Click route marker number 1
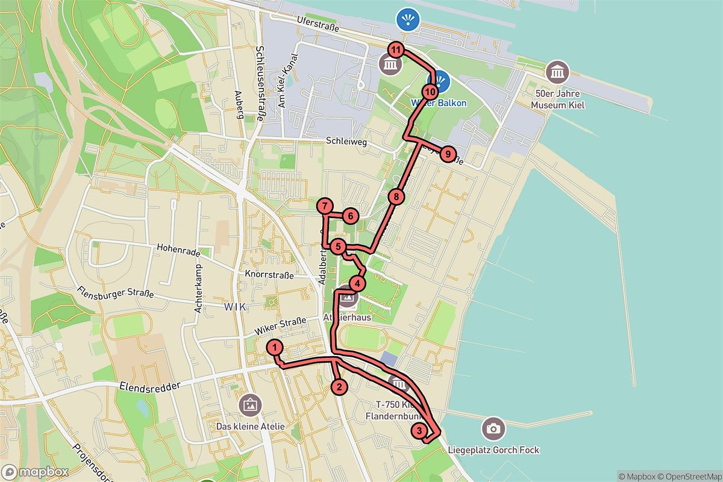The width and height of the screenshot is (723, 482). point(274,347)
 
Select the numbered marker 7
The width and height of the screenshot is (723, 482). point(325,207)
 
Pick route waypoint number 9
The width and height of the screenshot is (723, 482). point(447,154)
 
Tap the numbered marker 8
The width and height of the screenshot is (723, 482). point(396,196)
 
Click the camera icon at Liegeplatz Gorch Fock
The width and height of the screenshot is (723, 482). point(493,428)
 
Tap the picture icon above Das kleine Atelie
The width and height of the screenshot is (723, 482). point(249,405)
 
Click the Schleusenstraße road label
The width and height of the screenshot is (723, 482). point(260,84)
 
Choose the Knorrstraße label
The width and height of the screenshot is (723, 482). point(269,275)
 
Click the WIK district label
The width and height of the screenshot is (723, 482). point(234,307)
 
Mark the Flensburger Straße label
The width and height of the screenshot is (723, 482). point(115,295)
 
